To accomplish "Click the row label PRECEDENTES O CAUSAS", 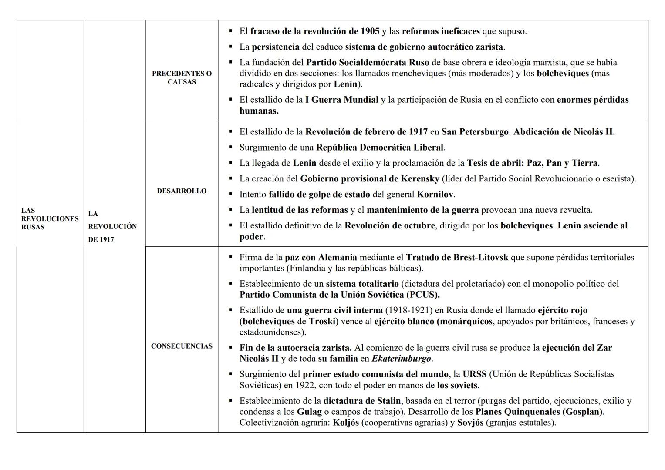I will click(x=182, y=78).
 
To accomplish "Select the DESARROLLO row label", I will click(x=182, y=191).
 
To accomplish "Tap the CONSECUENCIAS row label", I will click(x=182, y=346).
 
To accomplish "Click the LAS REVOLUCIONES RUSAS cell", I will click(x=50, y=219).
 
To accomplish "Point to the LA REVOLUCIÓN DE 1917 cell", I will click(x=112, y=227).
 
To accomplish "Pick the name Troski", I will click(x=323, y=322).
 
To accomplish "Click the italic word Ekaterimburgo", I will click(x=401, y=359).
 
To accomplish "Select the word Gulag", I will click(x=309, y=412).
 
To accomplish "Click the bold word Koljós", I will click(x=346, y=423).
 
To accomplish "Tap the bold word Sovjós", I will click(x=470, y=423).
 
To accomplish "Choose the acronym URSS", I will click(x=474, y=374).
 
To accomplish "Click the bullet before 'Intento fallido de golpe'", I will click(x=230, y=194).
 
